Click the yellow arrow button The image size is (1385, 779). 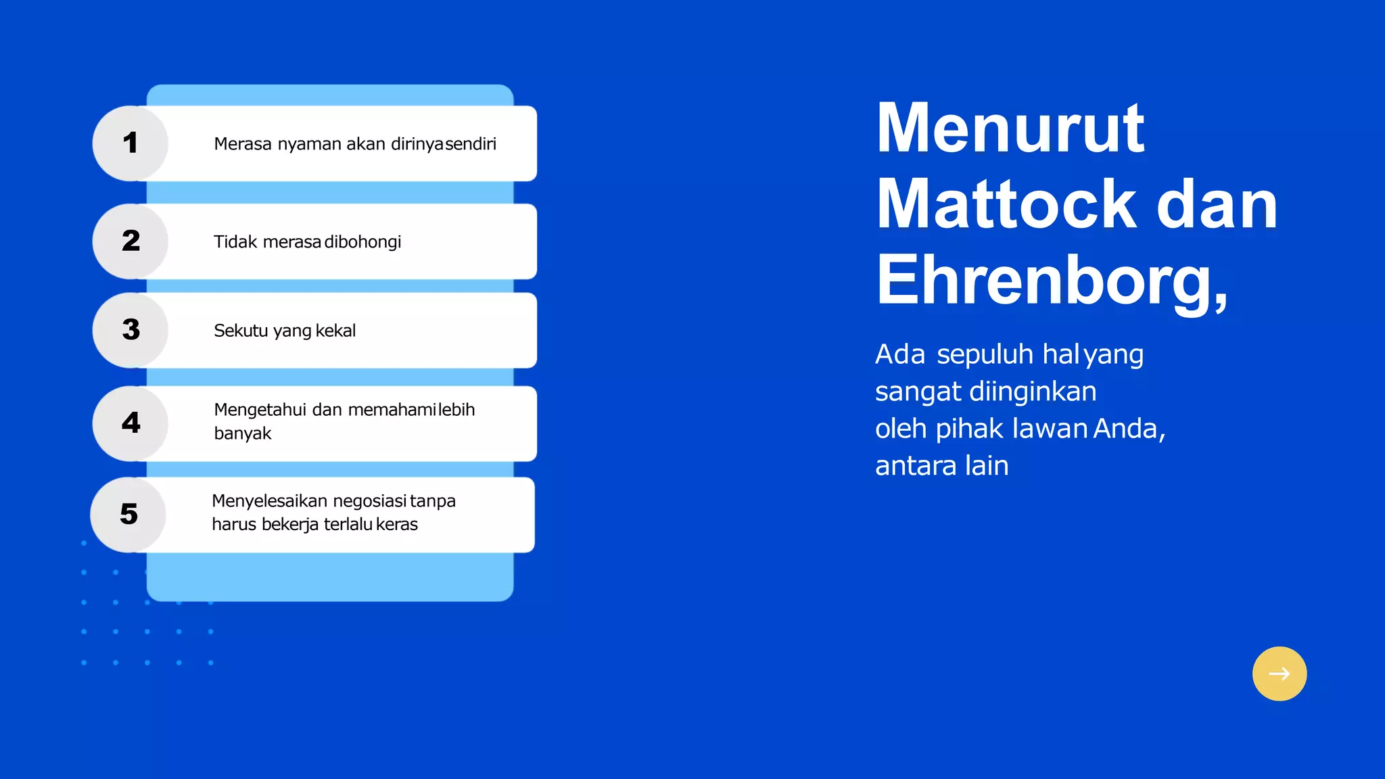click(x=1279, y=674)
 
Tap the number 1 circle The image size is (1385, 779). click(x=131, y=143)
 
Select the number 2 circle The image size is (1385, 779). click(x=131, y=241)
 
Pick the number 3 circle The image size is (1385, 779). click(x=131, y=330)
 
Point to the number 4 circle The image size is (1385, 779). click(x=131, y=423)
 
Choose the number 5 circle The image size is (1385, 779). click(x=128, y=515)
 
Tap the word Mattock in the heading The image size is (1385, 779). click(x=1006, y=204)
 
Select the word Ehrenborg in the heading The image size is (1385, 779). click(x=1046, y=281)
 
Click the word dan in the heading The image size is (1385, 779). click(x=1217, y=204)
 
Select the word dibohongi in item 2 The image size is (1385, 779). click(x=363, y=242)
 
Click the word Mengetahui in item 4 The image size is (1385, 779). click(x=260, y=410)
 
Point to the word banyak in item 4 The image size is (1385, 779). click(x=242, y=433)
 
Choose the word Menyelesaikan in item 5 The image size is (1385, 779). click(x=269, y=501)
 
